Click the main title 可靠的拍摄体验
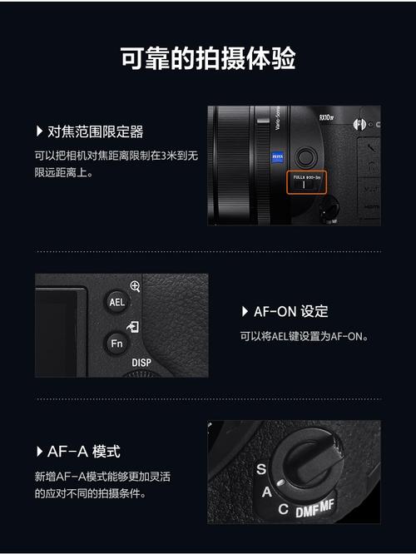pos(208,59)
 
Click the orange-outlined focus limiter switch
pos(306,181)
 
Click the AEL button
pos(116,302)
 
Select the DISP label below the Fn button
pos(141,364)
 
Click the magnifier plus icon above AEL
pos(135,285)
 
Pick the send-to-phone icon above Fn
pos(134,327)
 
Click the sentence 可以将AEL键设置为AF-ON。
pos(304,336)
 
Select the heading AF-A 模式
pos(84,452)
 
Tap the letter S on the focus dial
pos(261,469)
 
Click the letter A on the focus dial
pos(266,492)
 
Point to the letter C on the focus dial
pos(283,509)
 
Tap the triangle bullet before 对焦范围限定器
pos(39,131)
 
